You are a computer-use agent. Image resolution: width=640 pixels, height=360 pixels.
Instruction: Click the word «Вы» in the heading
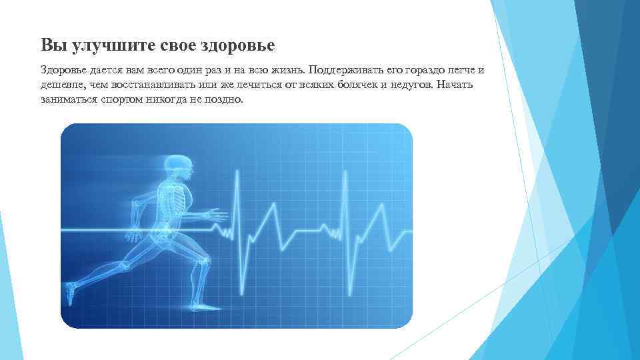[x=50, y=45]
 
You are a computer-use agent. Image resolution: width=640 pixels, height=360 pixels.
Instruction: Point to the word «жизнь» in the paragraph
[x=286, y=71]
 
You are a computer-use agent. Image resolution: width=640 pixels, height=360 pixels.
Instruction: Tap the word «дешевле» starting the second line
[x=59, y=85]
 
